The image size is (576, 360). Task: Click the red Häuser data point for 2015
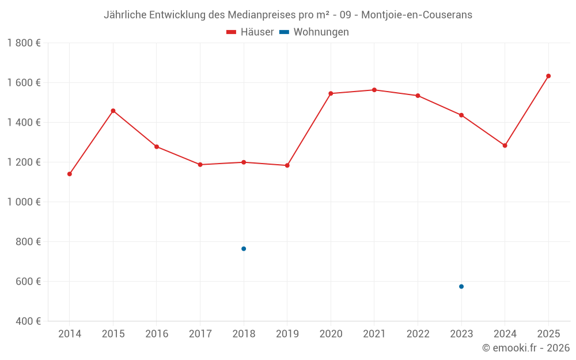pos(113,111)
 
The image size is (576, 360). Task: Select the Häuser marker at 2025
pos(548,76)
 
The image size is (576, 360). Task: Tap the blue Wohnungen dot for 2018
pos(244,249)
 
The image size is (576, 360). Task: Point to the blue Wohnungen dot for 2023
pos(461,286)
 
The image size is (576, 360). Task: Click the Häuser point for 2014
pos(70,174)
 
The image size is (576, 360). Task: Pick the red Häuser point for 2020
pos(331,93)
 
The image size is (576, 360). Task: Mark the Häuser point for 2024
pos(505,146)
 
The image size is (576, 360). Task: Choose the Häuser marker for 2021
pos(374,90)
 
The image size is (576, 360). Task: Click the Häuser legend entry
pos(250,32)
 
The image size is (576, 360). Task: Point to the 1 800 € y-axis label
pos(24,43)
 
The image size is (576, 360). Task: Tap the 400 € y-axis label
pos(28,321)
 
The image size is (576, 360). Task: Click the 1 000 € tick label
pos(24,202)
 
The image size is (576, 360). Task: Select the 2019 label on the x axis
pos(287,334)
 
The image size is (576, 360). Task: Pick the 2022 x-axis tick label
pos(418,334)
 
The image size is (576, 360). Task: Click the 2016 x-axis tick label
pos(157,334)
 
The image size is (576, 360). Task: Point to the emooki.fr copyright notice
pos(525,348)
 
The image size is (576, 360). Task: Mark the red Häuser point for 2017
pos(200,165)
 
